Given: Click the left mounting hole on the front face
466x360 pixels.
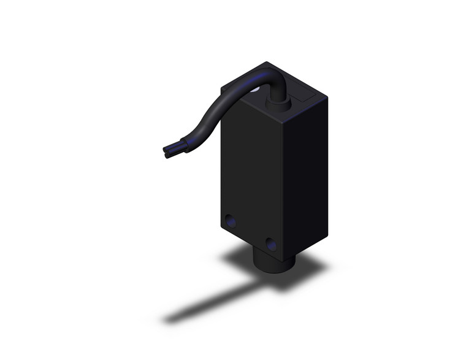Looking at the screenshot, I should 230,219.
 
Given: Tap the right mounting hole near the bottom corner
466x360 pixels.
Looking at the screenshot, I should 270,243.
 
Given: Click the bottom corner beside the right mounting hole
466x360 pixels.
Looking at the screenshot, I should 284,253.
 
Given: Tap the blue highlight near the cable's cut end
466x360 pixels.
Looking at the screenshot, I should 181,146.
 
